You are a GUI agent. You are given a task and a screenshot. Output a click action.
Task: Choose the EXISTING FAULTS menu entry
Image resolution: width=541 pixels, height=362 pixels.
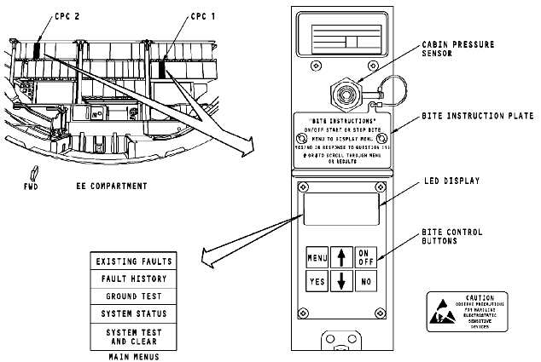pos(134,260)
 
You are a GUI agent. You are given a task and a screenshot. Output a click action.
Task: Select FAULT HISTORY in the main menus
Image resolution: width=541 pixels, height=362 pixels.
pos(134,278)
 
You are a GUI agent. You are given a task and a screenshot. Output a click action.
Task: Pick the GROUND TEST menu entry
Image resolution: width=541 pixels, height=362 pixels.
pos(134,296)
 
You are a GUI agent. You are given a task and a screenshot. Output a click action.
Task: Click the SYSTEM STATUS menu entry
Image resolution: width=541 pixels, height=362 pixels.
pos(134,313)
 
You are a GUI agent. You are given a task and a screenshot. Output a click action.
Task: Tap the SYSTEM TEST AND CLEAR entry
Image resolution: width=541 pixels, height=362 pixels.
pos(134,336)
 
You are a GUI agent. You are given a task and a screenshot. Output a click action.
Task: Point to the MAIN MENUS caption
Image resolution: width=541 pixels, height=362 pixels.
pos(135,356)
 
